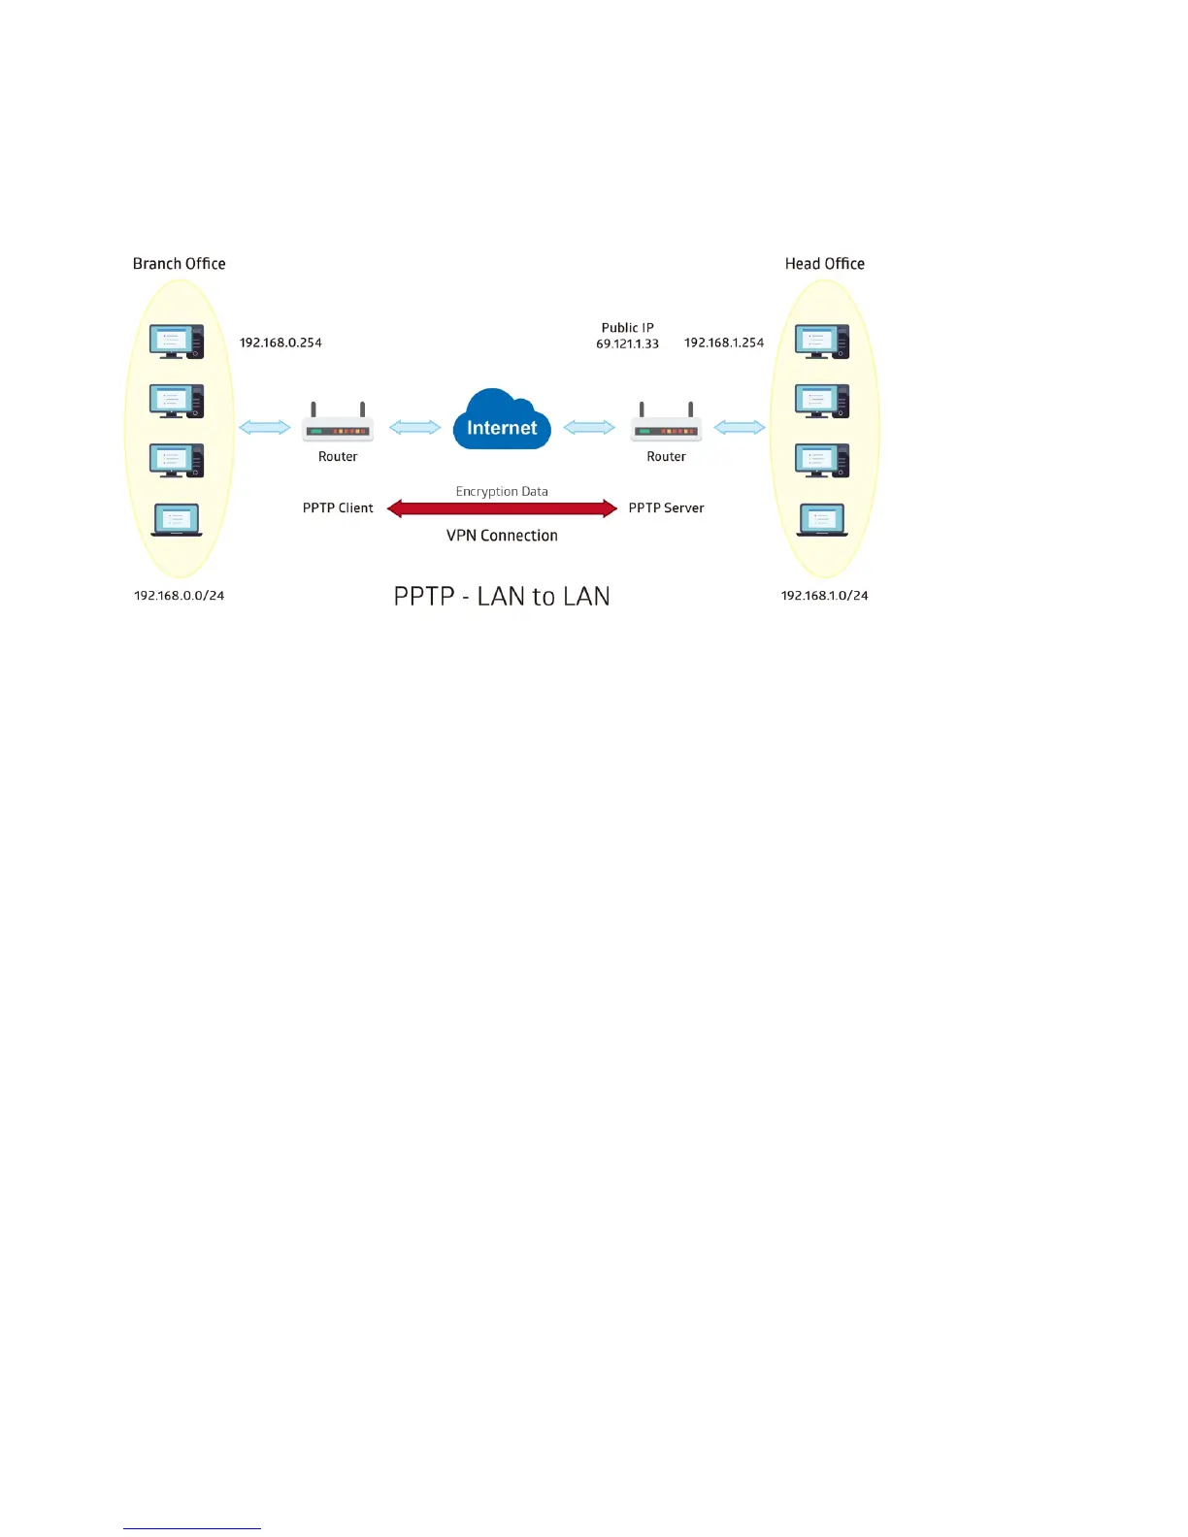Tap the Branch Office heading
point(179,264)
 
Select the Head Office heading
point(824,264)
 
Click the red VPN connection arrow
point(502,508)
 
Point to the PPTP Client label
point(338,508)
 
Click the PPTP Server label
point(666,508)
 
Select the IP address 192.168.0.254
point(280,343)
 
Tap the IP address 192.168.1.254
point(724,343)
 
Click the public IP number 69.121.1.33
point(627,343)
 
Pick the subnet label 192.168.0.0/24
point(179,596)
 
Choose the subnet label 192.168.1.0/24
point(824,596)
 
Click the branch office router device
point(338,425)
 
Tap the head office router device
point(666,425)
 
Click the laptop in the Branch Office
point(177,520)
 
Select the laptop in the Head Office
point(822,520)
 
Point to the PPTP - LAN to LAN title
point(502,596)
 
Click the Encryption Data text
point(502,492)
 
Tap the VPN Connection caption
point(502,536)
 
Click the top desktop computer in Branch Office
point(177,342)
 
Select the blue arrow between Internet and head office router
point(589,427)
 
